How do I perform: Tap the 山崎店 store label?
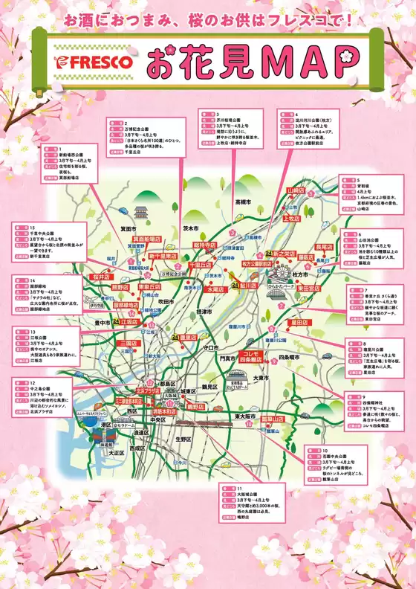pyautogui.click(x=296, y=190)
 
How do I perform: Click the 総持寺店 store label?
pyautogui.click(x=204, y=245)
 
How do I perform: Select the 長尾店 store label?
pyautogui.click(x=324, y=246)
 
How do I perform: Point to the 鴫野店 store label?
pyautogui.click(x=195, y=408)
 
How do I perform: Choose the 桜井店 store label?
pyautogui.click(x=101, y=277)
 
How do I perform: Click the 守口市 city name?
pyautogui.click(x=209, y=347)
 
